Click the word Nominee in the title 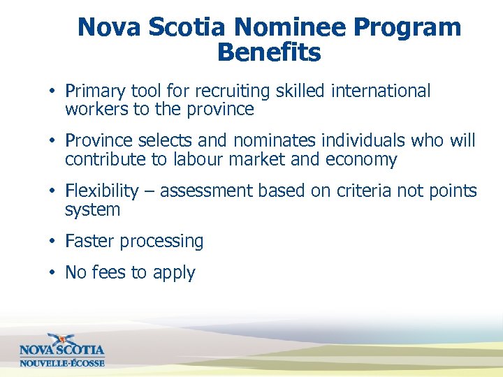[x=290, y=28]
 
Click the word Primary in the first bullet [x=95, y=91]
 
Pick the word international [x=381, y=91]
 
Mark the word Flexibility [x=102, y=191]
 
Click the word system [x=92, y=210]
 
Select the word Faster [x=89, y=242]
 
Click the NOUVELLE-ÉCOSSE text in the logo [x=61, y=363]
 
